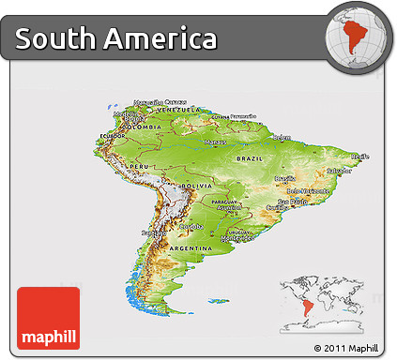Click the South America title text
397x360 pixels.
click(x=116, y=39)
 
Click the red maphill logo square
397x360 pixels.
click(x=48, y=319)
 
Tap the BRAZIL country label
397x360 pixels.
click(x=250, y=158)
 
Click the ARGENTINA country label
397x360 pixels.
click(x=189, y=247)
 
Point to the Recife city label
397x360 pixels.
click(x=358, y=156)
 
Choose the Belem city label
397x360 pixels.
click(x=281, y=137)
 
